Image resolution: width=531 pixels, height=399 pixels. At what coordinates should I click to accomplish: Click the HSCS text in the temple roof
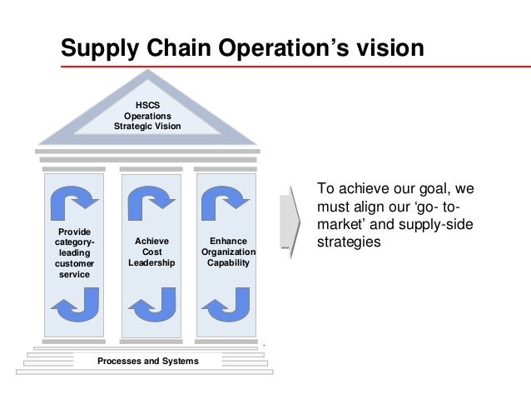click(147, 105)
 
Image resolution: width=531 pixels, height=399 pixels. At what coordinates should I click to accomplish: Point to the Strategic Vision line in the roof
click(147, 127)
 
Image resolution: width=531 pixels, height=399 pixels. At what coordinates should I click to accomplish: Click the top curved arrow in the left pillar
click(73, 199)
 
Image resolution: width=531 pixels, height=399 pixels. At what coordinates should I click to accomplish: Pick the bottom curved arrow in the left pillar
click(74, 304)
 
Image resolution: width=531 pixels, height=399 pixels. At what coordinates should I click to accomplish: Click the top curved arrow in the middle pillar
click(151, 199)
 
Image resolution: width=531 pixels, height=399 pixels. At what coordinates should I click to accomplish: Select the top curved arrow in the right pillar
click(226, 199)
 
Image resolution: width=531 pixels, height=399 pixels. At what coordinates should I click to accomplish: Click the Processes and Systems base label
click(147, 361)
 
